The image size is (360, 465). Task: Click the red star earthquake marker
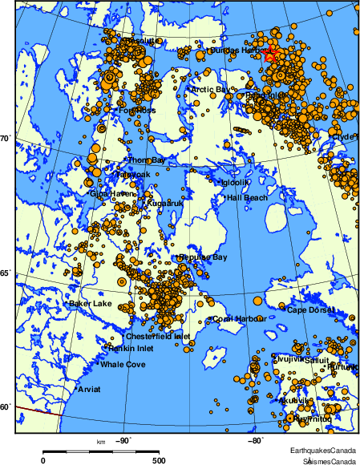270,54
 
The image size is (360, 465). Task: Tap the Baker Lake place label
91,304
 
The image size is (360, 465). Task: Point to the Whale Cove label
123,365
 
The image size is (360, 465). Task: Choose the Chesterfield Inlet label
158,337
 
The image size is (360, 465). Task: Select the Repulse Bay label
204,257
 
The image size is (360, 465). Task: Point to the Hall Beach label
248,197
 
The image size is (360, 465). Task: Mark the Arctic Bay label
210,89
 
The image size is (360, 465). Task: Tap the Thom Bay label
147,160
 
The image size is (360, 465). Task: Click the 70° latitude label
5,139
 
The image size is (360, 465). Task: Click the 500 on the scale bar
159,460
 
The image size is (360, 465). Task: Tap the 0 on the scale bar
42,460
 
